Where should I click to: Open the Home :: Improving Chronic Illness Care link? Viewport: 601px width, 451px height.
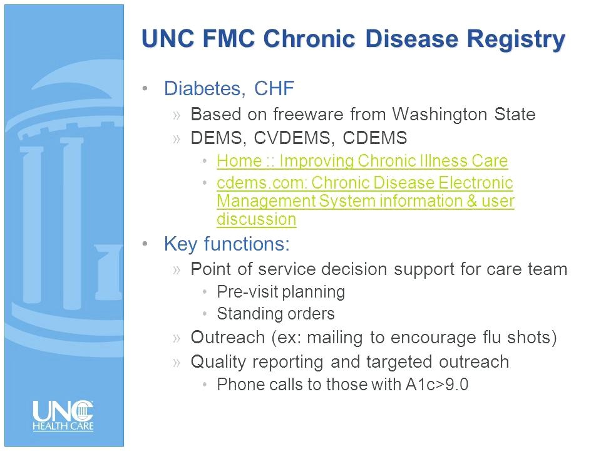tap(362, 161)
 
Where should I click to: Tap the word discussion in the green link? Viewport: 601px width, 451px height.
tap(257, 219)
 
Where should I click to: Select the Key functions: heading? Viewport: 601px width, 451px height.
tap(227, 244)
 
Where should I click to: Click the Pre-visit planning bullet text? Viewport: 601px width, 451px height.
tap(281, 293)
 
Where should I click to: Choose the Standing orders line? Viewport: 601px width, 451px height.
tap(276, 314)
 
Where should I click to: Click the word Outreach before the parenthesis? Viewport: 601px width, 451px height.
tap(228, 338)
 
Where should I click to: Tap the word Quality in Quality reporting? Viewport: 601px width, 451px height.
tap(218, 362)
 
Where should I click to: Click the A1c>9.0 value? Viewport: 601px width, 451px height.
tap(437, 385)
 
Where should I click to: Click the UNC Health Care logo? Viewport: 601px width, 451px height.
tap(63, 416)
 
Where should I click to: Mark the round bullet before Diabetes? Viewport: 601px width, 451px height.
tap(145, 88)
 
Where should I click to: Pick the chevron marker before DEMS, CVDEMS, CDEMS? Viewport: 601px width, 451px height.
tap(177, 139)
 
